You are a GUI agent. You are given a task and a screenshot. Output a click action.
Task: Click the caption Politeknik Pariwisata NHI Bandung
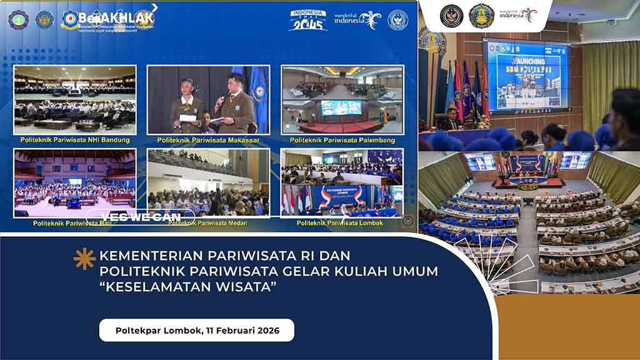(75, 140)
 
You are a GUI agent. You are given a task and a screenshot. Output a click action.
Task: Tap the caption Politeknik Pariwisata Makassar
(208, 141)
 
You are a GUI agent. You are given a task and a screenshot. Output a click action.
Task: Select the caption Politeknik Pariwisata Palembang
(342, 141)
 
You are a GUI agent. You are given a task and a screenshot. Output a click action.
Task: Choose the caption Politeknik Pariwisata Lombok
(340, 223)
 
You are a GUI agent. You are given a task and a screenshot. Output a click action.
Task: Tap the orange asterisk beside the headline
(84, 258)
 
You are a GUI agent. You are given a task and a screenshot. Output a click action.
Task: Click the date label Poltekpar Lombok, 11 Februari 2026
(197, 329)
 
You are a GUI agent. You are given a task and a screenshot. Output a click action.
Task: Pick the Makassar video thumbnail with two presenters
(208, 100)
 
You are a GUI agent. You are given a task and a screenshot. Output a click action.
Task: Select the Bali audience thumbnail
(75, 182)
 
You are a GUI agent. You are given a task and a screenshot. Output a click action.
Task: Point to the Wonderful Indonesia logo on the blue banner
(357, 19)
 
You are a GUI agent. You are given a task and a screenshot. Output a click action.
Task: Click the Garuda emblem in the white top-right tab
(451, 16)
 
